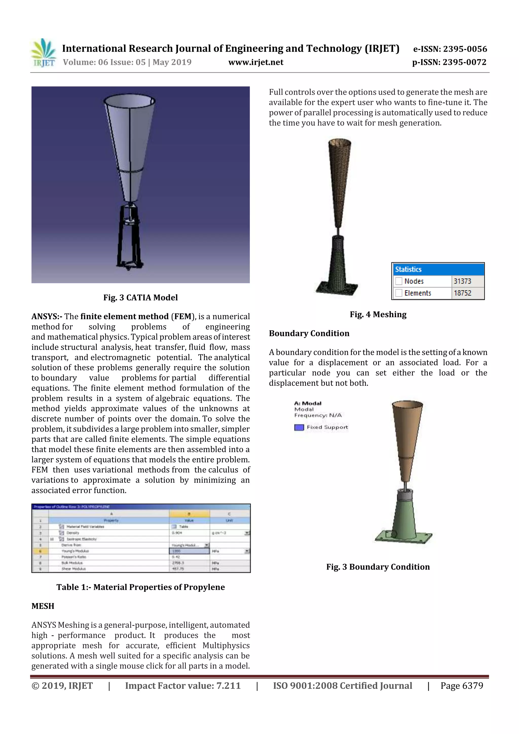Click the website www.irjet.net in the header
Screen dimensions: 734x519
pos(255,62)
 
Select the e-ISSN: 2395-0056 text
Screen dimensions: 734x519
pos(450,49)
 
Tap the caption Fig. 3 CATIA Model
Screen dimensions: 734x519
pos(140,298)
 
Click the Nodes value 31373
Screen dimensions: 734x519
pos(462,281)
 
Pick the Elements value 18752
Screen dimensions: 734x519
pos(462,293)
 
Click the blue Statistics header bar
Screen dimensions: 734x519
pos(438,269)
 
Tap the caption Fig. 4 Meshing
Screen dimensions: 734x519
pos(378,315)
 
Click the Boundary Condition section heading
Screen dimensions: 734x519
pos(309,333)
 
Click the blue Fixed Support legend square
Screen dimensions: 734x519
pos(299,427)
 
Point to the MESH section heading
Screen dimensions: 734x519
pos(43,606)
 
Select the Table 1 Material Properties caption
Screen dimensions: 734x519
pos(140,587)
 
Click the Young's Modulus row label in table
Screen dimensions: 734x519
pos(75,551)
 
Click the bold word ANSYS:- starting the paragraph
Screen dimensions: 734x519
pos(47,316)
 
